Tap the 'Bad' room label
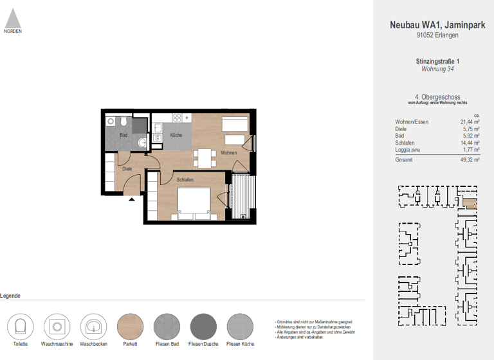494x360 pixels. pyautogui.click(x=123, y=135)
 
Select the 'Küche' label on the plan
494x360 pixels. pyautogui.click(x=176, y=135)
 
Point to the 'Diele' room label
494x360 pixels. pyautogui.click(x=127, y=169)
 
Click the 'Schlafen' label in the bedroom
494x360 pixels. pyautogui.click(x=185, y=180)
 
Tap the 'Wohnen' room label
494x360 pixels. pyautogui.click(x=228, y=153)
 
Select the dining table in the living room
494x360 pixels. pyautogui.click(x=205, y=156)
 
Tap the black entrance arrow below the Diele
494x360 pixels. pyautogui.click(x=132, y=200)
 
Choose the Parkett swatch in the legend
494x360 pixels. pyautogui.click(x=132, y=327)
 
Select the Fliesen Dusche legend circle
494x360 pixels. pyautogui.click(x=204, y=327)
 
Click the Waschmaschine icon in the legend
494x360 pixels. pyautogui.click(x=57, y=327)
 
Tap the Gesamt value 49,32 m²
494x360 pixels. pyautogui.click(x=472, y=159)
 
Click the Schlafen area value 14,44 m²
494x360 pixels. pyautogui.click(x=472, y=143)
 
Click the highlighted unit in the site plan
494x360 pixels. pyautogui.click(x=470, y=204)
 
